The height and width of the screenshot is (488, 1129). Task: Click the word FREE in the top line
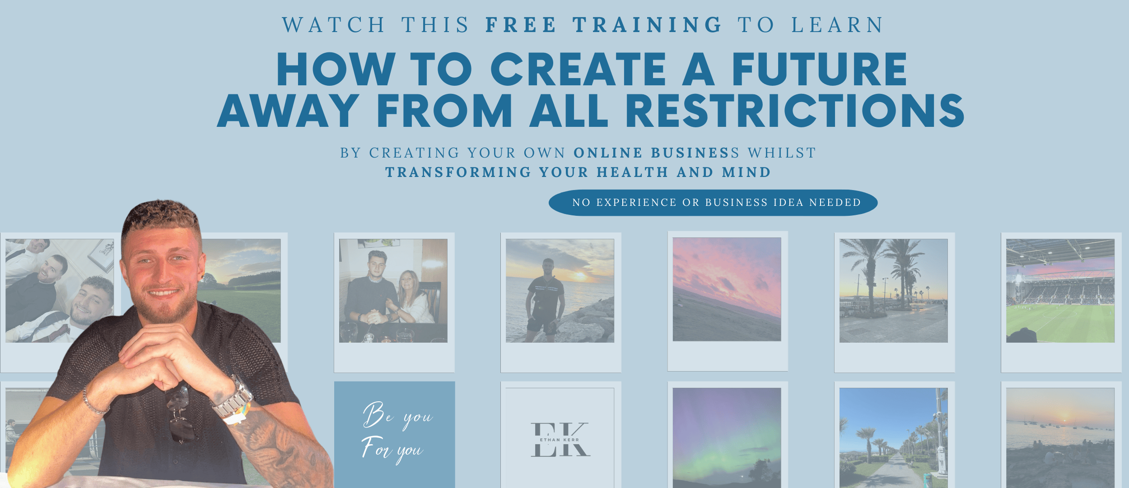pyautogui.click(x=521, y=25)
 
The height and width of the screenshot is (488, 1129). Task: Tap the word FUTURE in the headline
pyautogui.click(x=819, y=69)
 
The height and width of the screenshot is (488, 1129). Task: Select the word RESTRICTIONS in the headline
pyautogui.click(x=795, y=111)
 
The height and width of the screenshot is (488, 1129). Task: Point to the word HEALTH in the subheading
pyautogui.click(x=632, y=172)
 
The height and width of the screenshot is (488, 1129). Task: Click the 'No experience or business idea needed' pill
pyautogui.click(x=713, y=203)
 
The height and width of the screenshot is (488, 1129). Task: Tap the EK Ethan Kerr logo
pyautogui.click(x=560, y=439)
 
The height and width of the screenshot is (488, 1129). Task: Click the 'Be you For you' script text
pyautogui.click(x=396, y=432)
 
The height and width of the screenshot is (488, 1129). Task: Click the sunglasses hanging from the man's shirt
pyautogui.click(x=181, y=413)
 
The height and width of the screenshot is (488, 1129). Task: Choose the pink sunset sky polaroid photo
pyautogui.click(x=727, y=289)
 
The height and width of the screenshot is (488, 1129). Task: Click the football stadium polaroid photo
pyautogui.click(x=1060, y=291)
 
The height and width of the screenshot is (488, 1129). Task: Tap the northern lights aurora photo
pyautogui.click(x=727, y=437)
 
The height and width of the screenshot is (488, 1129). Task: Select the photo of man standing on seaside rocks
pyautogui.click(x=560, y=291)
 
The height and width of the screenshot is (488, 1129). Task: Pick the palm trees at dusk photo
pyautogui.click(x=893, y=291)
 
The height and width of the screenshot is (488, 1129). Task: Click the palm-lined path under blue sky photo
pyautogui.click(x=893, y=437)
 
